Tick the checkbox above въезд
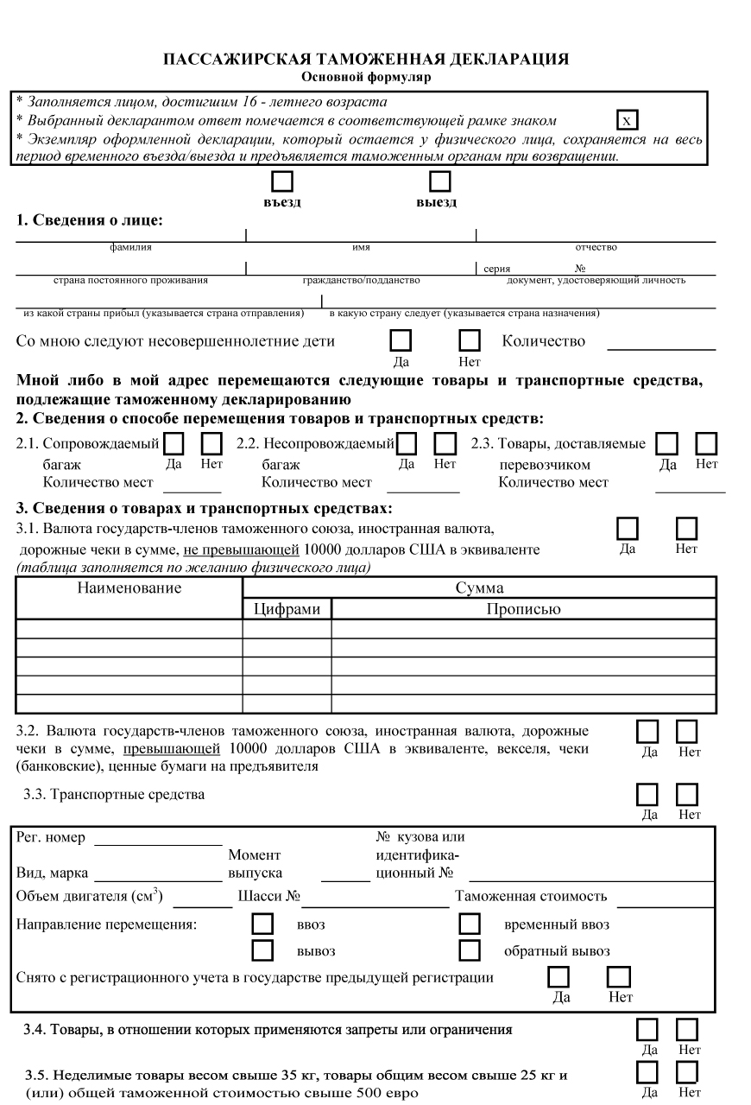(x=283, y=181)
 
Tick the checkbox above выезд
(x=440, y=181)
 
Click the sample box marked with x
(x=628, y=119)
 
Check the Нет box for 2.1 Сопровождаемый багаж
(x=211, y=444)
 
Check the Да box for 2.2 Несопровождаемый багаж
(x=406, y=444)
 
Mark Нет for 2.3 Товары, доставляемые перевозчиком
(x=706, y=444)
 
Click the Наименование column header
(x=129, y=588)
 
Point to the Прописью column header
(x=523, y=609)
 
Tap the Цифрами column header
(x=287, y=609)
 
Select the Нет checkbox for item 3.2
(x=687, y=731)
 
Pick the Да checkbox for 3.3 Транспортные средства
(x=647, y=794)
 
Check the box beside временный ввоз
(x=470, y=924)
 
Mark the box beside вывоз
(x=262, y=951)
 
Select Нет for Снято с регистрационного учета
(x=618, y=977)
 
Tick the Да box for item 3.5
(x=647, y=1072)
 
